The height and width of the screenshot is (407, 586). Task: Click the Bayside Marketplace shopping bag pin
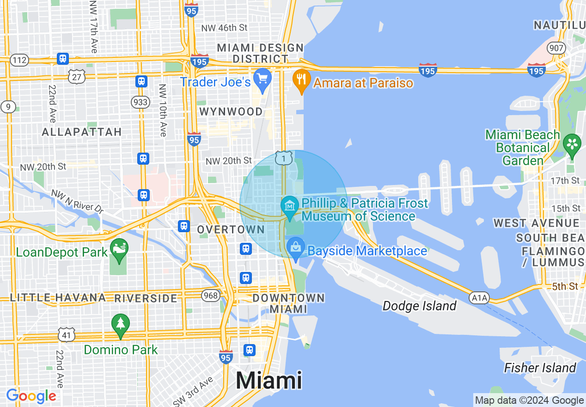point(296,247)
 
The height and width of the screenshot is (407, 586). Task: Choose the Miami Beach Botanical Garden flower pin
point(572,144)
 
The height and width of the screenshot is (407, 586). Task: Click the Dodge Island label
point(420,306)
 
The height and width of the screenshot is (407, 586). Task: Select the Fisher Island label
point(540,368)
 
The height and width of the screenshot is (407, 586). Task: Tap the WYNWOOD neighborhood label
point(231,111)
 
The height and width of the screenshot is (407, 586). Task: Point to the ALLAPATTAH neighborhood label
point(82,132)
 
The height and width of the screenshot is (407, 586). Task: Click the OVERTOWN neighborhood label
point(231,229)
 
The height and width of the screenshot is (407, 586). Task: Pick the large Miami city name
point(269,380)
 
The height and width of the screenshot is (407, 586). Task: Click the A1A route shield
point(479,297)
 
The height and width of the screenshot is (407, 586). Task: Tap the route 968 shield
point(211,295)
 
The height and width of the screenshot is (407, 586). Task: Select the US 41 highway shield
point(67,334)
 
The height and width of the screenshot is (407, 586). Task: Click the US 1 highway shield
point(283,158)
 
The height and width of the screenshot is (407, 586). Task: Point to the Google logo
point(31,396)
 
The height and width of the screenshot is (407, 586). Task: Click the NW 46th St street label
point(224,28)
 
